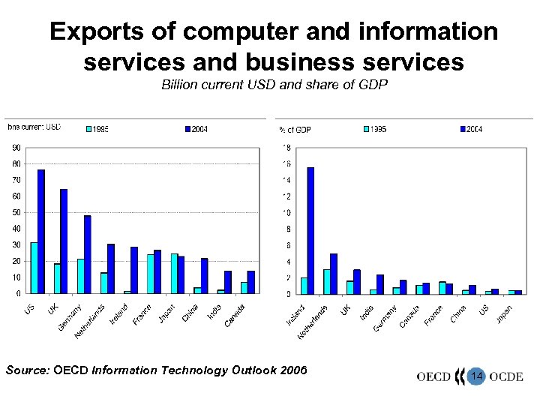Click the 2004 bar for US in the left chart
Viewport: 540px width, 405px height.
[x=41, y=231]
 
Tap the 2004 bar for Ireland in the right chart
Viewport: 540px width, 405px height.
[x=310, y=230]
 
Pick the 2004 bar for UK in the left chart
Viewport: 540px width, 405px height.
[x=64, y=241]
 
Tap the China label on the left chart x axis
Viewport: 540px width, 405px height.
[x=189, y=310]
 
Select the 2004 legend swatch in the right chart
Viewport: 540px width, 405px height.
[x=462, y=129]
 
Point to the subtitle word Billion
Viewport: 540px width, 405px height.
[x=181, y=85]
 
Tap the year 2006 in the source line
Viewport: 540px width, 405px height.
[x=292, y=369]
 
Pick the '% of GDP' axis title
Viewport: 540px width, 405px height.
[x=294, y=130]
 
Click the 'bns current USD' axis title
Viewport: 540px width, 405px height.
[x=34, y=127]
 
